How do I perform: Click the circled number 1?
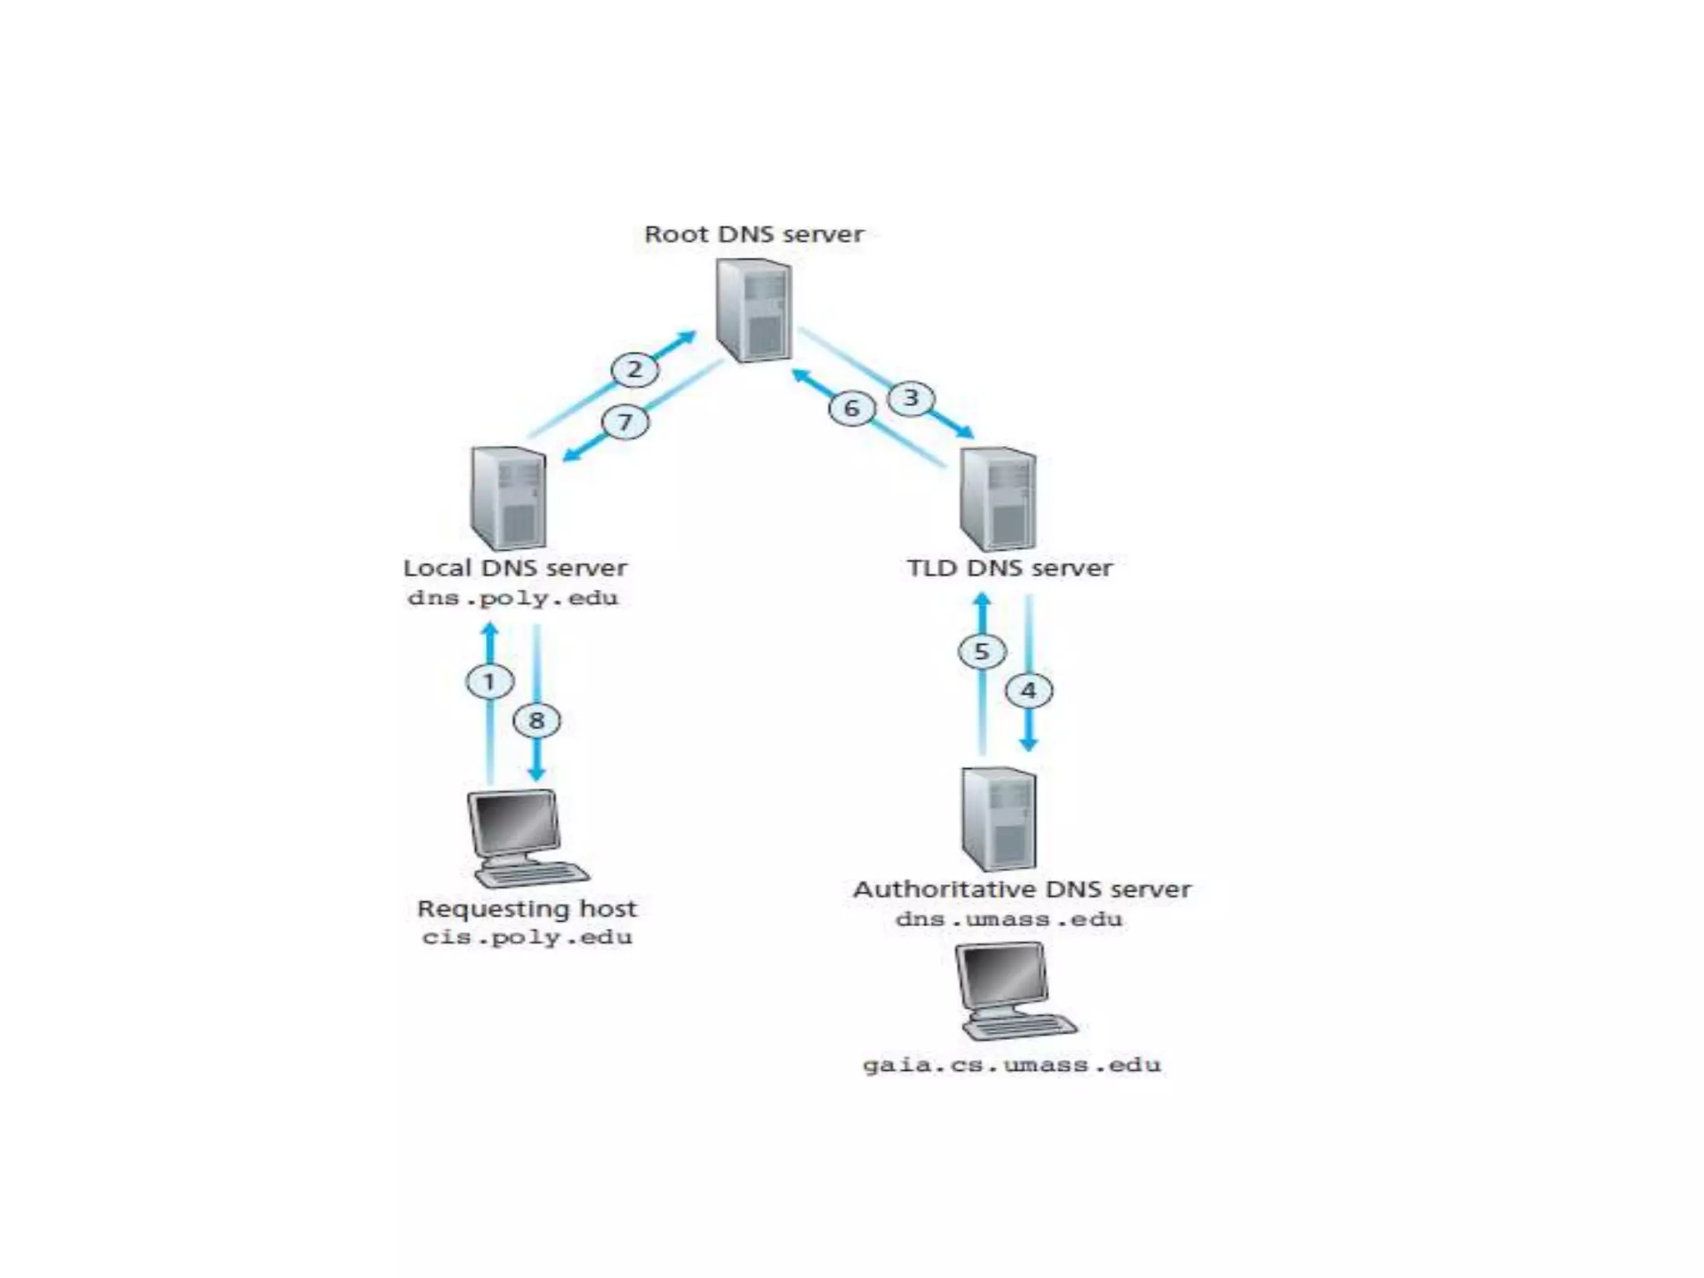click(489, 681)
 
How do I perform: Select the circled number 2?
click(635, 369)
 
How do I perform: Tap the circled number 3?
click(911, 399)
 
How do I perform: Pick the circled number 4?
click(1028, 691)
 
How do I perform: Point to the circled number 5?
click(982, 651)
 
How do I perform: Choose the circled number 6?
click(851, 409)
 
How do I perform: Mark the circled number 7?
click(625, 422)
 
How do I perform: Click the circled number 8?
click(537, 721)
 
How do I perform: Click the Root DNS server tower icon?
click(754, 310)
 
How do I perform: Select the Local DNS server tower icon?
click(508, 498)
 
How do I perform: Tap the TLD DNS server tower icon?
click(998, 498)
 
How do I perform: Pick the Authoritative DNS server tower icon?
click(998, 819)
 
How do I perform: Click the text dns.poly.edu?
click(513, 598)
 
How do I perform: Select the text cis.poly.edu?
click(527, 938)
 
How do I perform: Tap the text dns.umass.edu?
click(1008, 919)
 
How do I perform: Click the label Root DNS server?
click(754, 235)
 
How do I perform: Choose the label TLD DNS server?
click(1009, 568)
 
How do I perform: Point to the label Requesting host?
click(527, 909)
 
